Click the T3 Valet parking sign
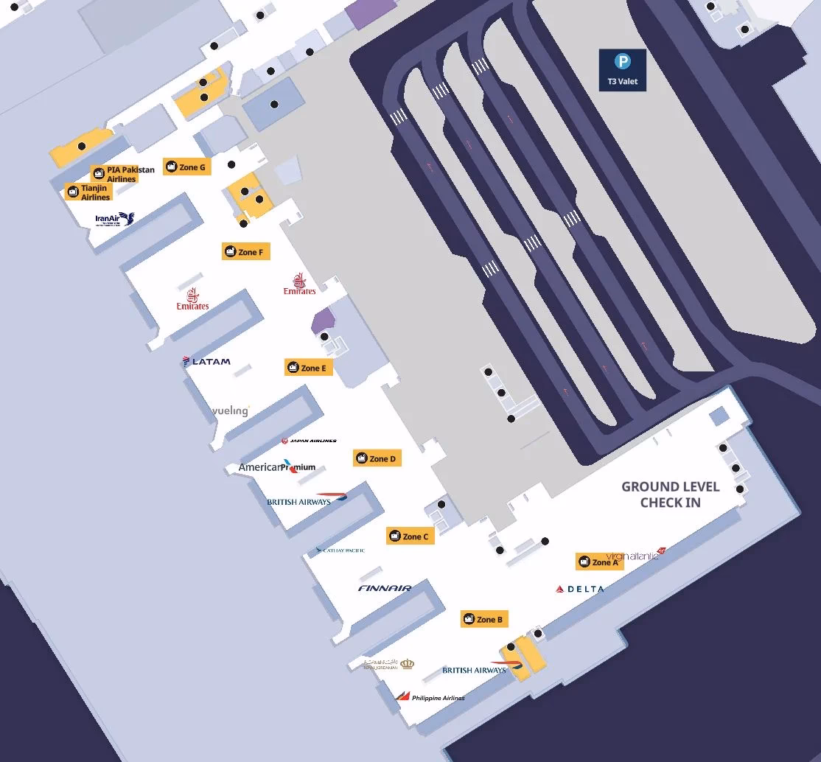point(622,69)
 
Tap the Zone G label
point(185,167)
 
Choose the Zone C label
point(409,536)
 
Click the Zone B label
point(483,619)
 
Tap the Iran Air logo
point(115,219)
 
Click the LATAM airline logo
point(206,361)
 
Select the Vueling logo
point(231,410)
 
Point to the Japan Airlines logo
point(309,441)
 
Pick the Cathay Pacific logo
point(340,550)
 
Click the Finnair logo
point(385,588)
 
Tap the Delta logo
point(580,589)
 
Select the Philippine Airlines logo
point(430,697)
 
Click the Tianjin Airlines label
point(88,192)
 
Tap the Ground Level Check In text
point(670,494)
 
